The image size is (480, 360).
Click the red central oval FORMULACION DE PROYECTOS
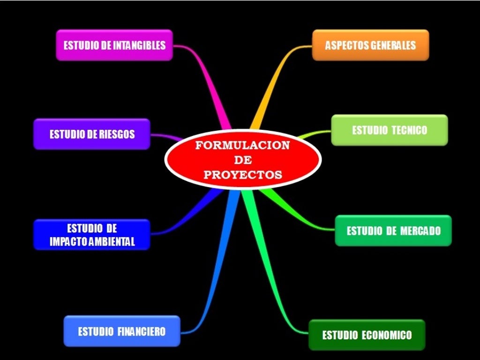click(x=243, y=160)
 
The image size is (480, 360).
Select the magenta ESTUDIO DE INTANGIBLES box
click(x=114, y=45)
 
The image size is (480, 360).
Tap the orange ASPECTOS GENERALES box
click(x=370, y=45)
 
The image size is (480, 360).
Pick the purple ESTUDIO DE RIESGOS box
click(x=92, y=134)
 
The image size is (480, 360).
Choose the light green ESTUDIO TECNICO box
click(x=390, y=130)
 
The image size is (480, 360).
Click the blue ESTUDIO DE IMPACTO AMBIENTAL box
click(x=92, y=235)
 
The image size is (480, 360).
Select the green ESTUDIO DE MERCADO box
click(x=393, y=231)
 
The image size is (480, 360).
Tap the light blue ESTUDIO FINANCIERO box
click(x=122, y=331)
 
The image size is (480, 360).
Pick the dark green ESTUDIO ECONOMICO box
click(x=367, y=335)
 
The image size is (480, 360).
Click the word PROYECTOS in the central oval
click(x=243, y=175)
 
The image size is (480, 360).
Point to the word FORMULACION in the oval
click(x=243, y=145)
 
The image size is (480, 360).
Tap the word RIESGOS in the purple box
click(x=117, y=135)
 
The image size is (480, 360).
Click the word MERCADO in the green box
click(x=421, y=231)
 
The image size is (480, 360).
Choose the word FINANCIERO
click(x=141, y=331)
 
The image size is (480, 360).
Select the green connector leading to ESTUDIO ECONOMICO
click(x=277, y=281)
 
